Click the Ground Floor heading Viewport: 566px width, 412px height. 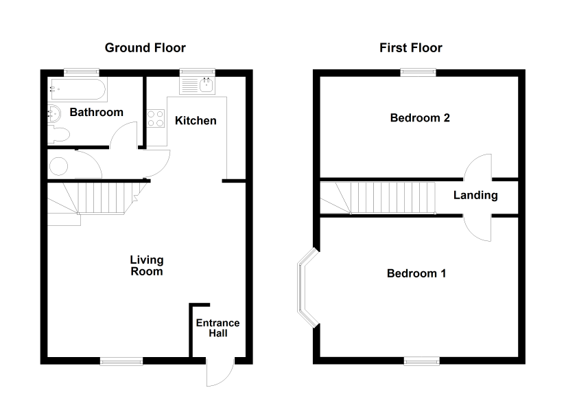[145, 47]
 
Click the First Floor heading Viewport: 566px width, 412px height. [411, 47]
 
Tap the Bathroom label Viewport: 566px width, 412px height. [96, 112]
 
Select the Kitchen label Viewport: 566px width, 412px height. [196, 120]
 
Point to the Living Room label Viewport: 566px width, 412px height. [147, 266]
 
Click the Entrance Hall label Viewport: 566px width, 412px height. [217, 328]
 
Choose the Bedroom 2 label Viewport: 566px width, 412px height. [420, 118]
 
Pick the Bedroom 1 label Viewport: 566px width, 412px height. [416, 273]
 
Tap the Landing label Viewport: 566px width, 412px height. [475, 195]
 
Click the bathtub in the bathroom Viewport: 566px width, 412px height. [78, 89]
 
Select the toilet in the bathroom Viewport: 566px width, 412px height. [58, 135]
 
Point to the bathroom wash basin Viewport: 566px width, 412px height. [54, 114]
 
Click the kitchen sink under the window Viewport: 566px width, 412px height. [198, 85]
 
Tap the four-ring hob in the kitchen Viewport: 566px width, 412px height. [156, 119]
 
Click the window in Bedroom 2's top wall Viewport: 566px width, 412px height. [418, 73]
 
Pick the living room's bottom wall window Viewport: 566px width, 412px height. [121, 360]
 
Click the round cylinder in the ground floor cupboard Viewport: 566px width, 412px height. [58, 167]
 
